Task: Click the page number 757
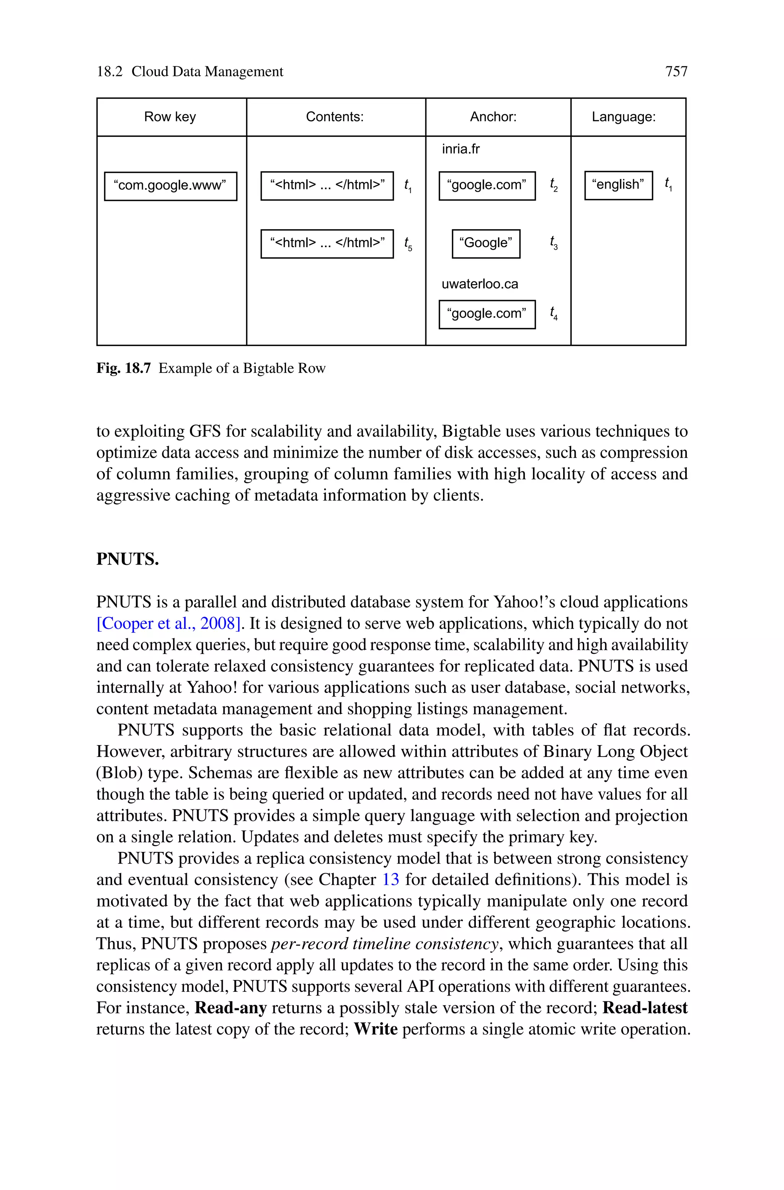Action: click(676, 72)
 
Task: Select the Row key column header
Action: click(170, 117)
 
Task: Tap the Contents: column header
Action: click(335, 117)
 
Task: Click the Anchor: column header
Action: click(493, 117)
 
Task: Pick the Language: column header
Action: click(624, 117)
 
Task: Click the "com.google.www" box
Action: click(170, 185)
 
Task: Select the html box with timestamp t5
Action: click(327, 243)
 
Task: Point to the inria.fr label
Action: click(461, 149)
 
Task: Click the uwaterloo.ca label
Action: click(480, 284)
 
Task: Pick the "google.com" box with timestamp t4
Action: click(487, 314)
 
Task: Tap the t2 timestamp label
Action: click(554, 185)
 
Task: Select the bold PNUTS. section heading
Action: click(127, 559)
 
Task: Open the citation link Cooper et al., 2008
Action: click(169, 624)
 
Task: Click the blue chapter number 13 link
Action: click(390, 879)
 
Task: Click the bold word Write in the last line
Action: click(376, 1029)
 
